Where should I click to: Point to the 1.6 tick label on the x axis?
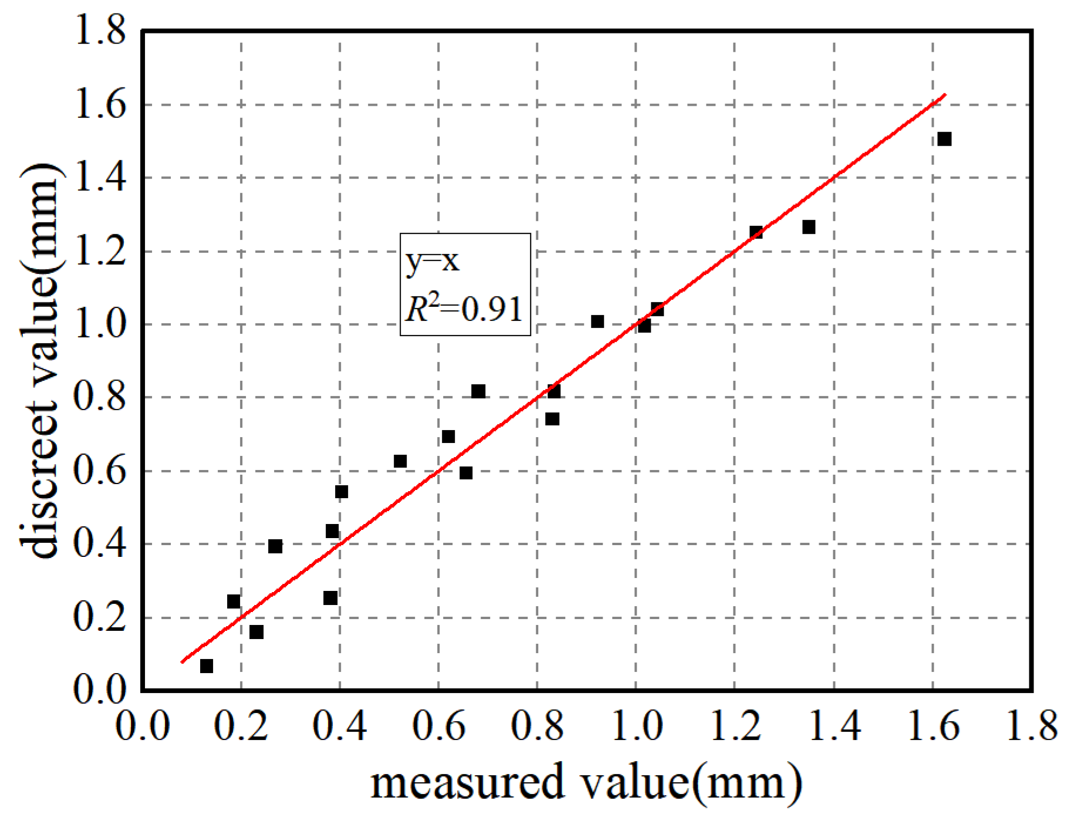(933, 726)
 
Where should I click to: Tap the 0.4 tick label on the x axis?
(340, 726)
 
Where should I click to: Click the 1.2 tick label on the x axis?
(735, 726)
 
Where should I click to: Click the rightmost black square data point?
(944, 139)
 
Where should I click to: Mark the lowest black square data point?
(207, 666)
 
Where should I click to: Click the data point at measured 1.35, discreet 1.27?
(809, 227)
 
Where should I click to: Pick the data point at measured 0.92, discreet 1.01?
(597, 322)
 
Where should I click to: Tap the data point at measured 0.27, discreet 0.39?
(275, 546)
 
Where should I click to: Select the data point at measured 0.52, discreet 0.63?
(400, 461)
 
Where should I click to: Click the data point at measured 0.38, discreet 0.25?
(330, 598)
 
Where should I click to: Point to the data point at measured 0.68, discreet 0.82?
(478, 391)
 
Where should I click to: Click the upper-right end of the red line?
(945, 94)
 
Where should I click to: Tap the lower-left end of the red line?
(182, 662)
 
